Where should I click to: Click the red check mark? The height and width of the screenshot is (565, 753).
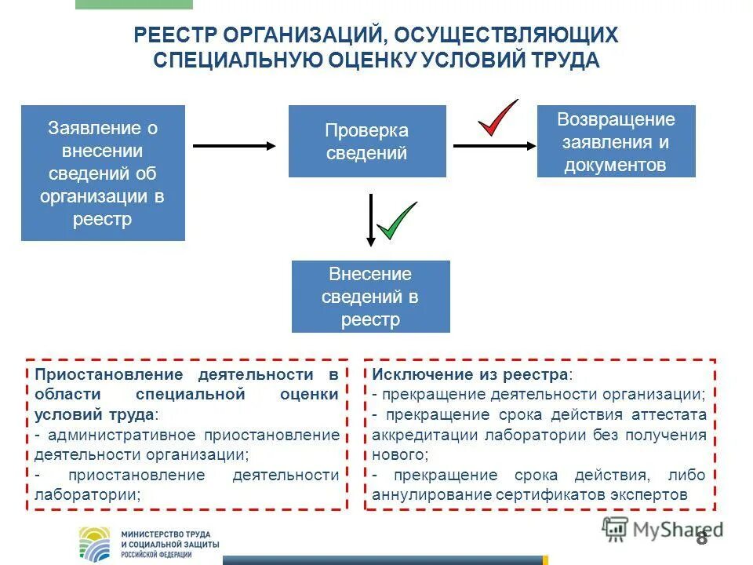(497, 118)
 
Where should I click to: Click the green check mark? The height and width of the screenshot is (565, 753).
(396, 221)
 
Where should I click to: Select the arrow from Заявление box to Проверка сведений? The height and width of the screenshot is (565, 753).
(235, 145)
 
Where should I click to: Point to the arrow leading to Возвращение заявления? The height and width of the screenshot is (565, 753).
(494, 145)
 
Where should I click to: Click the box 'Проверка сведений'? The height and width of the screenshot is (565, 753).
(367, 141)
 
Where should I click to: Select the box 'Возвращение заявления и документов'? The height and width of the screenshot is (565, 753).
(616, 141)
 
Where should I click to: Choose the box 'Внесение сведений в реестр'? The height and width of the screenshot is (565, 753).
(371, 297)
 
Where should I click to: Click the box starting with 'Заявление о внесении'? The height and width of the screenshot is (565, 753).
(103, 173)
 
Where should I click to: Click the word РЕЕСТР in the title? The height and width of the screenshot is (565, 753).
(174, 35)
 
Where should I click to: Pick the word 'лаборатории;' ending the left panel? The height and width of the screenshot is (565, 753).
(88, 494)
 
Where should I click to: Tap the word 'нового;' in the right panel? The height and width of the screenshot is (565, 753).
(400, 454)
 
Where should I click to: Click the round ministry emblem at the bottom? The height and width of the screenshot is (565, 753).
(96, 543)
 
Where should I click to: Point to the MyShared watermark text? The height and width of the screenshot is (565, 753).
(675, 530)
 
